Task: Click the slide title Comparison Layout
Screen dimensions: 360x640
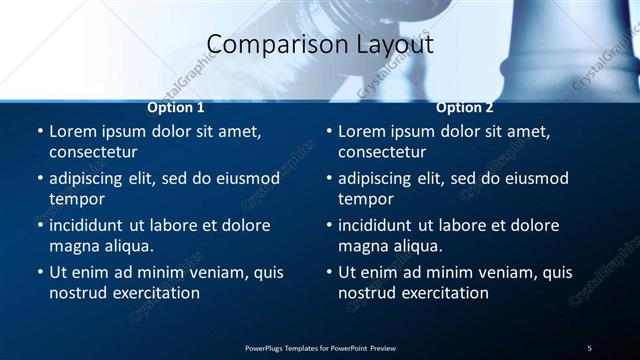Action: click(320, 45)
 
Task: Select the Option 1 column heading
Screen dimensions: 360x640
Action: click(176, 107)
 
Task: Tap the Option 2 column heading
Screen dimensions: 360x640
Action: click(465, 107)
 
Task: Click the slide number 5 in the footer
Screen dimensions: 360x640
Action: click(589, 347)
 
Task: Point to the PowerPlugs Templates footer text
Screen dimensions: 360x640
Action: click(320, 347)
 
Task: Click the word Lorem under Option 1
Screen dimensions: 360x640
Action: click(73, 131)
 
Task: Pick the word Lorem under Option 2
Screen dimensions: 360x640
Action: click(362, 131)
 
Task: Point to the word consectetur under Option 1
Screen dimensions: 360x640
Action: click(93, 152)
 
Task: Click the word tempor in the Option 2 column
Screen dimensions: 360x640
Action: click(365, 199)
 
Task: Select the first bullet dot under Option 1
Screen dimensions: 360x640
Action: click(40, 132)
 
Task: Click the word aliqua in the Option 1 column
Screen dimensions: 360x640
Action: click(128, 246)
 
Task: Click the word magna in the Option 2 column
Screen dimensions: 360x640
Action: click(363, 246)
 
